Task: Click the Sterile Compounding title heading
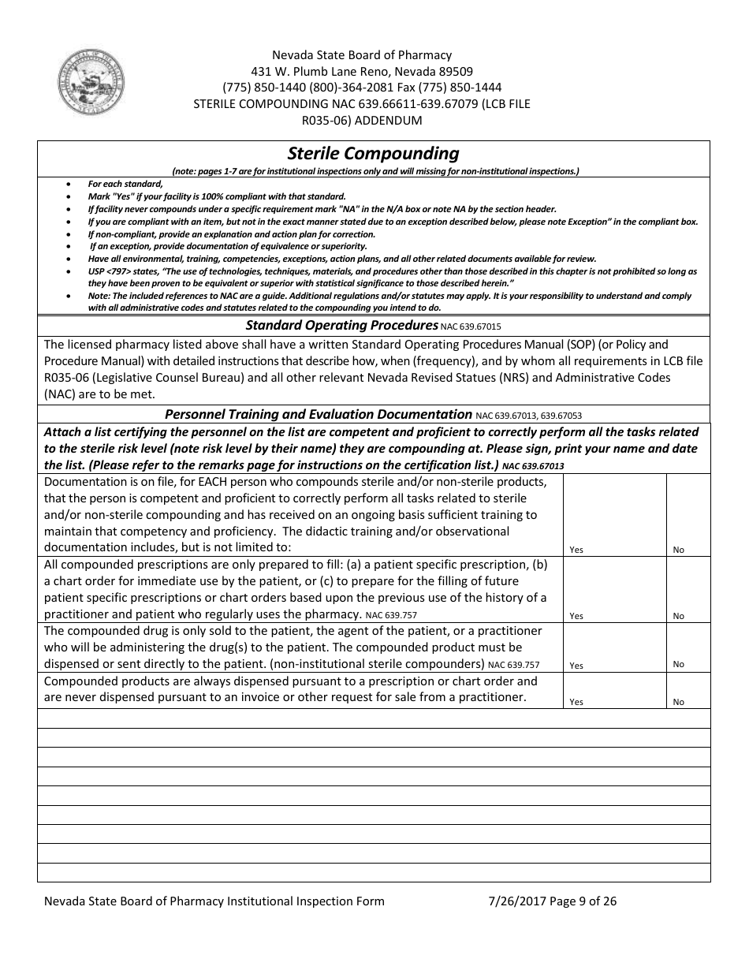[373, 153]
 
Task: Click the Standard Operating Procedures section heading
[341, 325]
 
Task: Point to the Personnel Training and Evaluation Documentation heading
[318, 414]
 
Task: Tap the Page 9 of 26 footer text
[582, 901]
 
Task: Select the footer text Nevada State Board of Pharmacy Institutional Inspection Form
[214, 901]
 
